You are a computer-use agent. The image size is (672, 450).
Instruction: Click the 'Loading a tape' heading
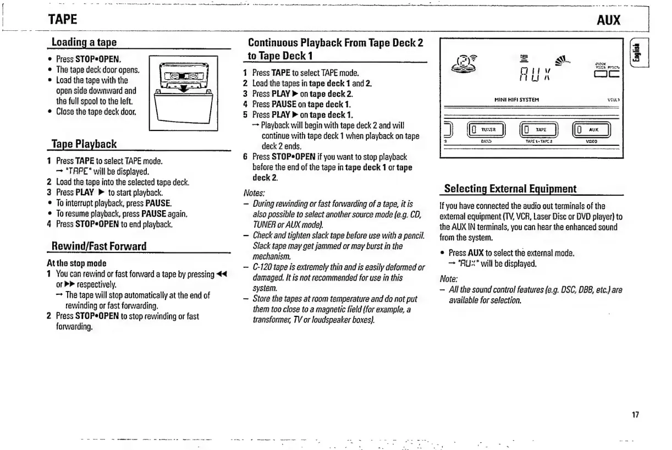84,42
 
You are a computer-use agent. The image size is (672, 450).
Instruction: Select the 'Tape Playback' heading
84,144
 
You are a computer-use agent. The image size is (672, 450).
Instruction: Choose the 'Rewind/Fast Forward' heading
98,246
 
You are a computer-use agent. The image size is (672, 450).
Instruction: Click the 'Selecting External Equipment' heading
510,189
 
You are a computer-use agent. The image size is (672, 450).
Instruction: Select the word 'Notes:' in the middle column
254,193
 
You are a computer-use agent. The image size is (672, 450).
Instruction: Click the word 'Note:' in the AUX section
450,279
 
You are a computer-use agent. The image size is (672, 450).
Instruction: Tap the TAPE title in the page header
62,20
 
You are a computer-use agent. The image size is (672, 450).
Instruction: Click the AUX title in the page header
608,21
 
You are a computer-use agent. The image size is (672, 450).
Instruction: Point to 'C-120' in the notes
263,267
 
